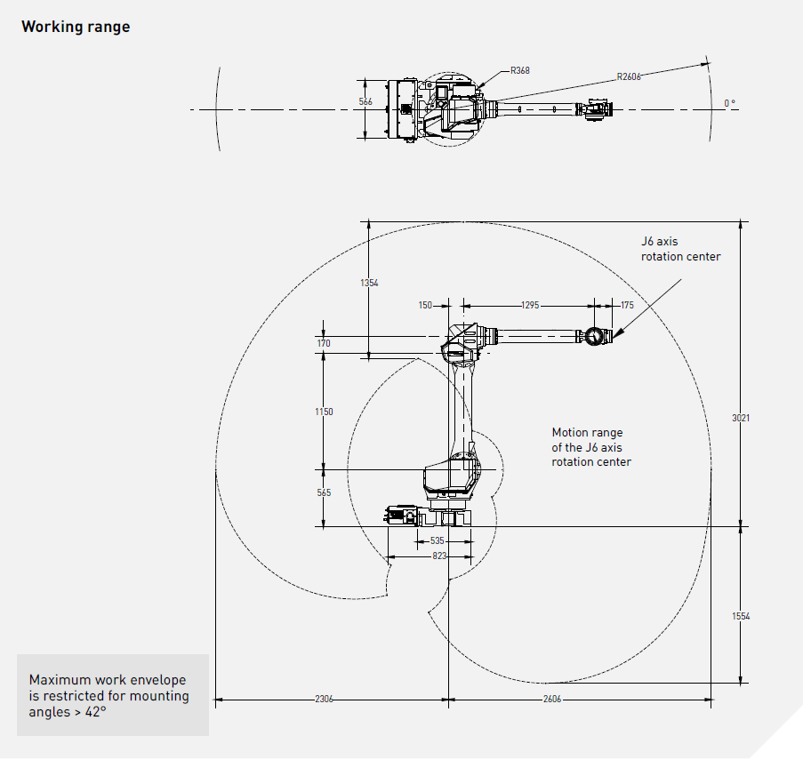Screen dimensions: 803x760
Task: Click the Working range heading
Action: pos(76,27)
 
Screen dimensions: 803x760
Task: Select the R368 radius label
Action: pos(520,70)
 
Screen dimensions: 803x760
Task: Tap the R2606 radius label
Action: pos(629,76)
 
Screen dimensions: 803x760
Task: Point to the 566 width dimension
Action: pos(365,101)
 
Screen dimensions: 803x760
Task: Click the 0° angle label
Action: pos(730,103)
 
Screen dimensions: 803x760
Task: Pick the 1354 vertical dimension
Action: pos(369,283)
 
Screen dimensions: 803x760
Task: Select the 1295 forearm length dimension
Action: pos(530,305)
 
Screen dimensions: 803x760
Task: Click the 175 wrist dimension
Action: pos(627,305)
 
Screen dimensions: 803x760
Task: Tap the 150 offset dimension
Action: pos(425,305)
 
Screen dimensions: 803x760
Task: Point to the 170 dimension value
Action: pos(324,343)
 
